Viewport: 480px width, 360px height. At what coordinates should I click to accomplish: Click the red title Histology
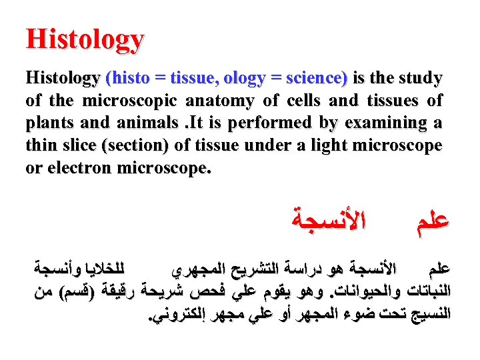coord(85,39)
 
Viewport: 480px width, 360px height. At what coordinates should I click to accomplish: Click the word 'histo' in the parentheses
coord(126,79)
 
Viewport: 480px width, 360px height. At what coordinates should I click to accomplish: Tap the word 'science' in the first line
coord(316,79)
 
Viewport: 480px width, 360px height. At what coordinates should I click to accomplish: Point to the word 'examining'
coord(384,124)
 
